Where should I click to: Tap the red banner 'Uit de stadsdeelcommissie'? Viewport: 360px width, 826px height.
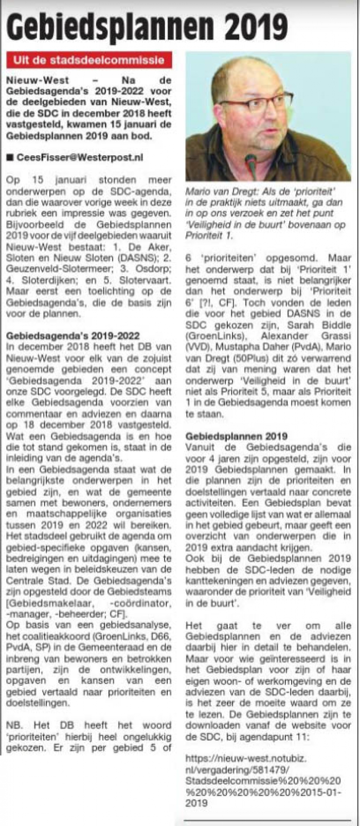[88, 60]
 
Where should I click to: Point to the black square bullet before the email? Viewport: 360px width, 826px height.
[10, 157]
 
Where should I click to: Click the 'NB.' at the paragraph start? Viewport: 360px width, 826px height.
[14, 726]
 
